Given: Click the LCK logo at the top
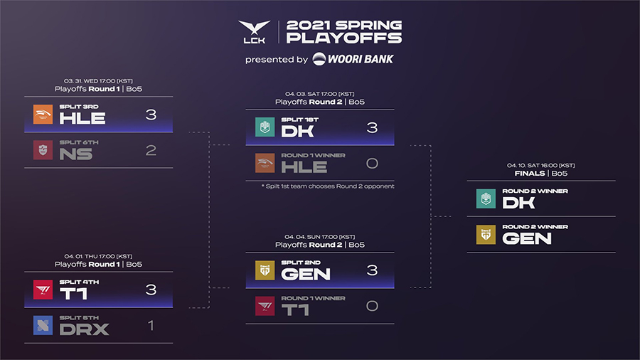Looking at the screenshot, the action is tap(255, 32).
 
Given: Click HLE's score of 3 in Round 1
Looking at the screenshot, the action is tap(151, 115).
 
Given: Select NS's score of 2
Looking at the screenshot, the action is tap(151, 150).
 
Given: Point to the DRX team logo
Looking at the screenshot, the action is tap(43, 325).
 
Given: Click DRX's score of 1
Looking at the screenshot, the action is tap(151, 325).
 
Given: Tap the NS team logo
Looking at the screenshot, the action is tap(43, 150).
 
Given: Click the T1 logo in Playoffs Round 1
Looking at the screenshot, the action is tap(43, 290).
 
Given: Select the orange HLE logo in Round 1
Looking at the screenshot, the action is tap(43, 115).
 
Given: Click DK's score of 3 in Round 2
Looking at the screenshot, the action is tap(372, 128).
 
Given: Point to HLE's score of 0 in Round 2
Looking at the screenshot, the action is tap(372, 163).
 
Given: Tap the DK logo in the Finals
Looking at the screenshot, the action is tap(486, 198).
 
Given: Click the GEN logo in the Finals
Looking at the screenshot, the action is tap(486, 235).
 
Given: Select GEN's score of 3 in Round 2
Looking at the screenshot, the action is tap(372, 270).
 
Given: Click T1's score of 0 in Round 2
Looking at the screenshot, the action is tap(372, 306).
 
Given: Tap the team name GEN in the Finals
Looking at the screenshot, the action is tap(527, 238).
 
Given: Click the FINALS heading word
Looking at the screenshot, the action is tap(530, 174).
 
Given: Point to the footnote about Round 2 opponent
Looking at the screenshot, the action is tap(328, 186).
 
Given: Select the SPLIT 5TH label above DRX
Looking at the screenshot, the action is tap(79, 317).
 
